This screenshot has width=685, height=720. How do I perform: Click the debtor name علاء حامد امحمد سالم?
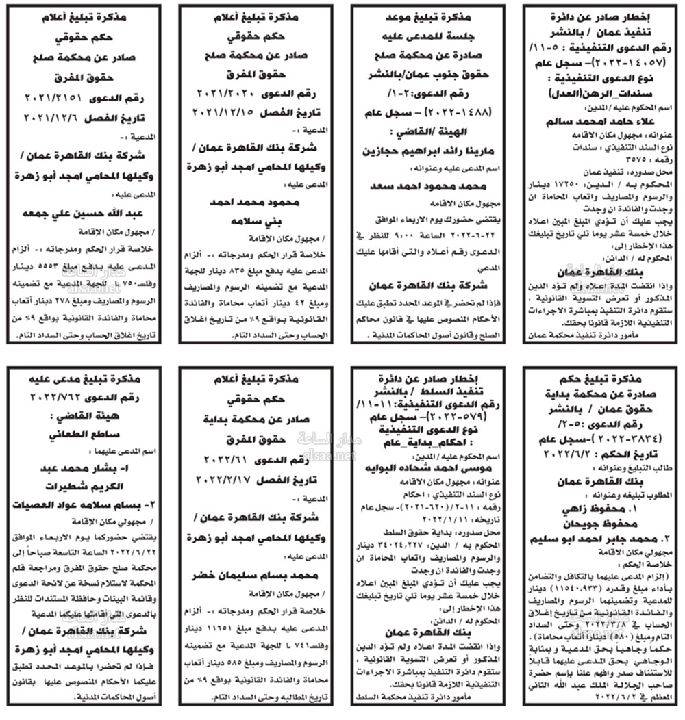point(597,123)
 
